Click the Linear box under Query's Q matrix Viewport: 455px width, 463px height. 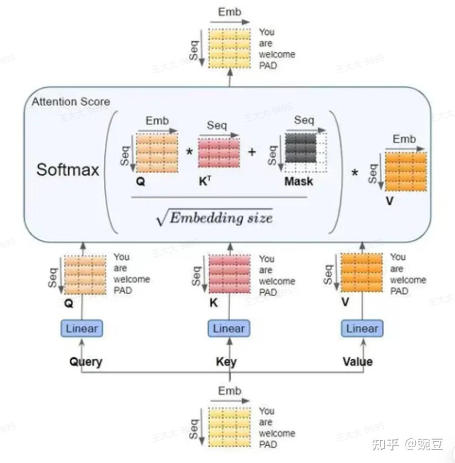coord(81,328)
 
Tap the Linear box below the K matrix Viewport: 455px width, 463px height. coord(229,328)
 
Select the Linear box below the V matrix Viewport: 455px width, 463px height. coord(362,328)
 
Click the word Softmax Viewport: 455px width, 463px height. coord(68,169)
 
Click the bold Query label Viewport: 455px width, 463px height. coord(86,362)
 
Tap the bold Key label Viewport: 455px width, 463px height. coord(226,362)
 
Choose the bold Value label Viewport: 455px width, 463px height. coord(357,362)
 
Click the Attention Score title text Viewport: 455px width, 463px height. coord(71,102)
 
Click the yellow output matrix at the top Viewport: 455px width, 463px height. coord(230,48)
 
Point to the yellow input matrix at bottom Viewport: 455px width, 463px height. coord(230,427)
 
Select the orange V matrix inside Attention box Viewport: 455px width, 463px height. coord(405,171)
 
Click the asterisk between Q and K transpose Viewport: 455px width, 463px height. coord(189,151)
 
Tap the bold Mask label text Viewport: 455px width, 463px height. coord(299,181)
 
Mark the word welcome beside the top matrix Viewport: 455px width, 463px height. coord(277,54)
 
